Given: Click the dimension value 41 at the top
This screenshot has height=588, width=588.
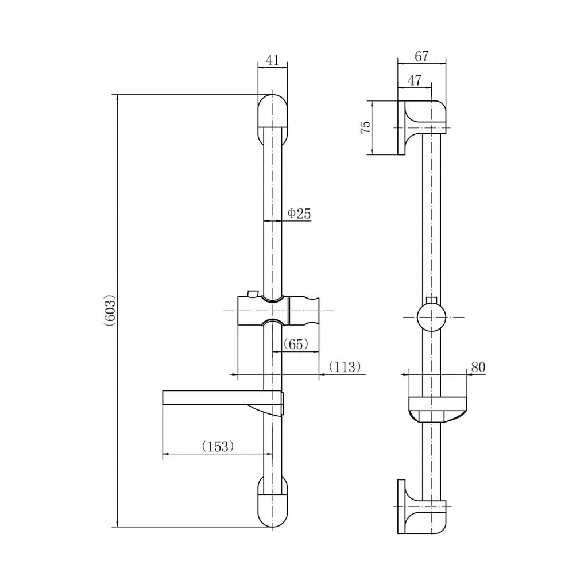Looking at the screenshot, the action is coord(272,60).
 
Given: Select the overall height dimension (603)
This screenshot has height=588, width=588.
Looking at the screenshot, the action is coord(110,310).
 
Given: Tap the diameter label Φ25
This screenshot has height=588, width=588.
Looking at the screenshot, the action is coord(299,214).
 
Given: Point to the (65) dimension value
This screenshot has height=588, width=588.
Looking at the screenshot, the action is coord(296,344).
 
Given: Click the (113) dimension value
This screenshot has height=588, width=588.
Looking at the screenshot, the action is coord(345,367).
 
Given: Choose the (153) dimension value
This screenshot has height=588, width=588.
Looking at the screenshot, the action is coord(218,446).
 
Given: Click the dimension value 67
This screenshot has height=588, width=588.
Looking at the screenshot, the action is coord(421,56).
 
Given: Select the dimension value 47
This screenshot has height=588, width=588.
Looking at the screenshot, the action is coord(415,80).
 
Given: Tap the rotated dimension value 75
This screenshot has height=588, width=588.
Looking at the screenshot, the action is coord(365,127).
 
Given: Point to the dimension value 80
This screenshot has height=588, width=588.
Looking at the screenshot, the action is coord(478,367).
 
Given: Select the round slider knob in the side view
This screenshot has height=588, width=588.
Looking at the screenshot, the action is coord(432,317).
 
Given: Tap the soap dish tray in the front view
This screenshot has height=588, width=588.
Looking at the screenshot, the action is coord(223,397).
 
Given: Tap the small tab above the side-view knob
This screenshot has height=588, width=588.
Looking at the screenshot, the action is coord(432,300).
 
